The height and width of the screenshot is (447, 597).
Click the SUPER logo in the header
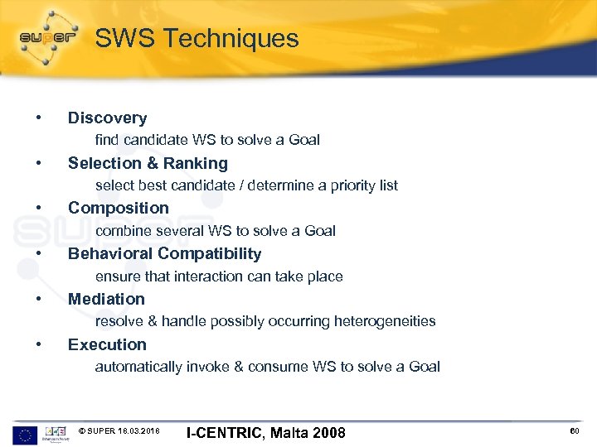(x=48, y=37)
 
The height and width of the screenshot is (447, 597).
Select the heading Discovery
(x=107, y=118)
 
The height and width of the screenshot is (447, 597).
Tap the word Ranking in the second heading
(x=197, y=164)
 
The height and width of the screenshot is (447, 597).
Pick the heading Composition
(x=118, y=209)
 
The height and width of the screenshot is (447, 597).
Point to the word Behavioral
(x=110, y=254)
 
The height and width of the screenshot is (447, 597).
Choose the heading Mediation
(x=106, y=300)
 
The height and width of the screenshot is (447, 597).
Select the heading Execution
(x=107, y=345)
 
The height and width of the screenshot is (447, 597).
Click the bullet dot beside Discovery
(x=39, y=117)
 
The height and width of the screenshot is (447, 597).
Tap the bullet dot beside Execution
(x=39, y=344)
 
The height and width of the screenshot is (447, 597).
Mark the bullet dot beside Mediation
(x=39, y=298)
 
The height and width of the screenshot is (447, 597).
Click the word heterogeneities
(x=385, y=321)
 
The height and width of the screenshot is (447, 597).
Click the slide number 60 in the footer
(x=575, y=432)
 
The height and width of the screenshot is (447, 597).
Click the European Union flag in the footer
(x=24, y=433)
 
